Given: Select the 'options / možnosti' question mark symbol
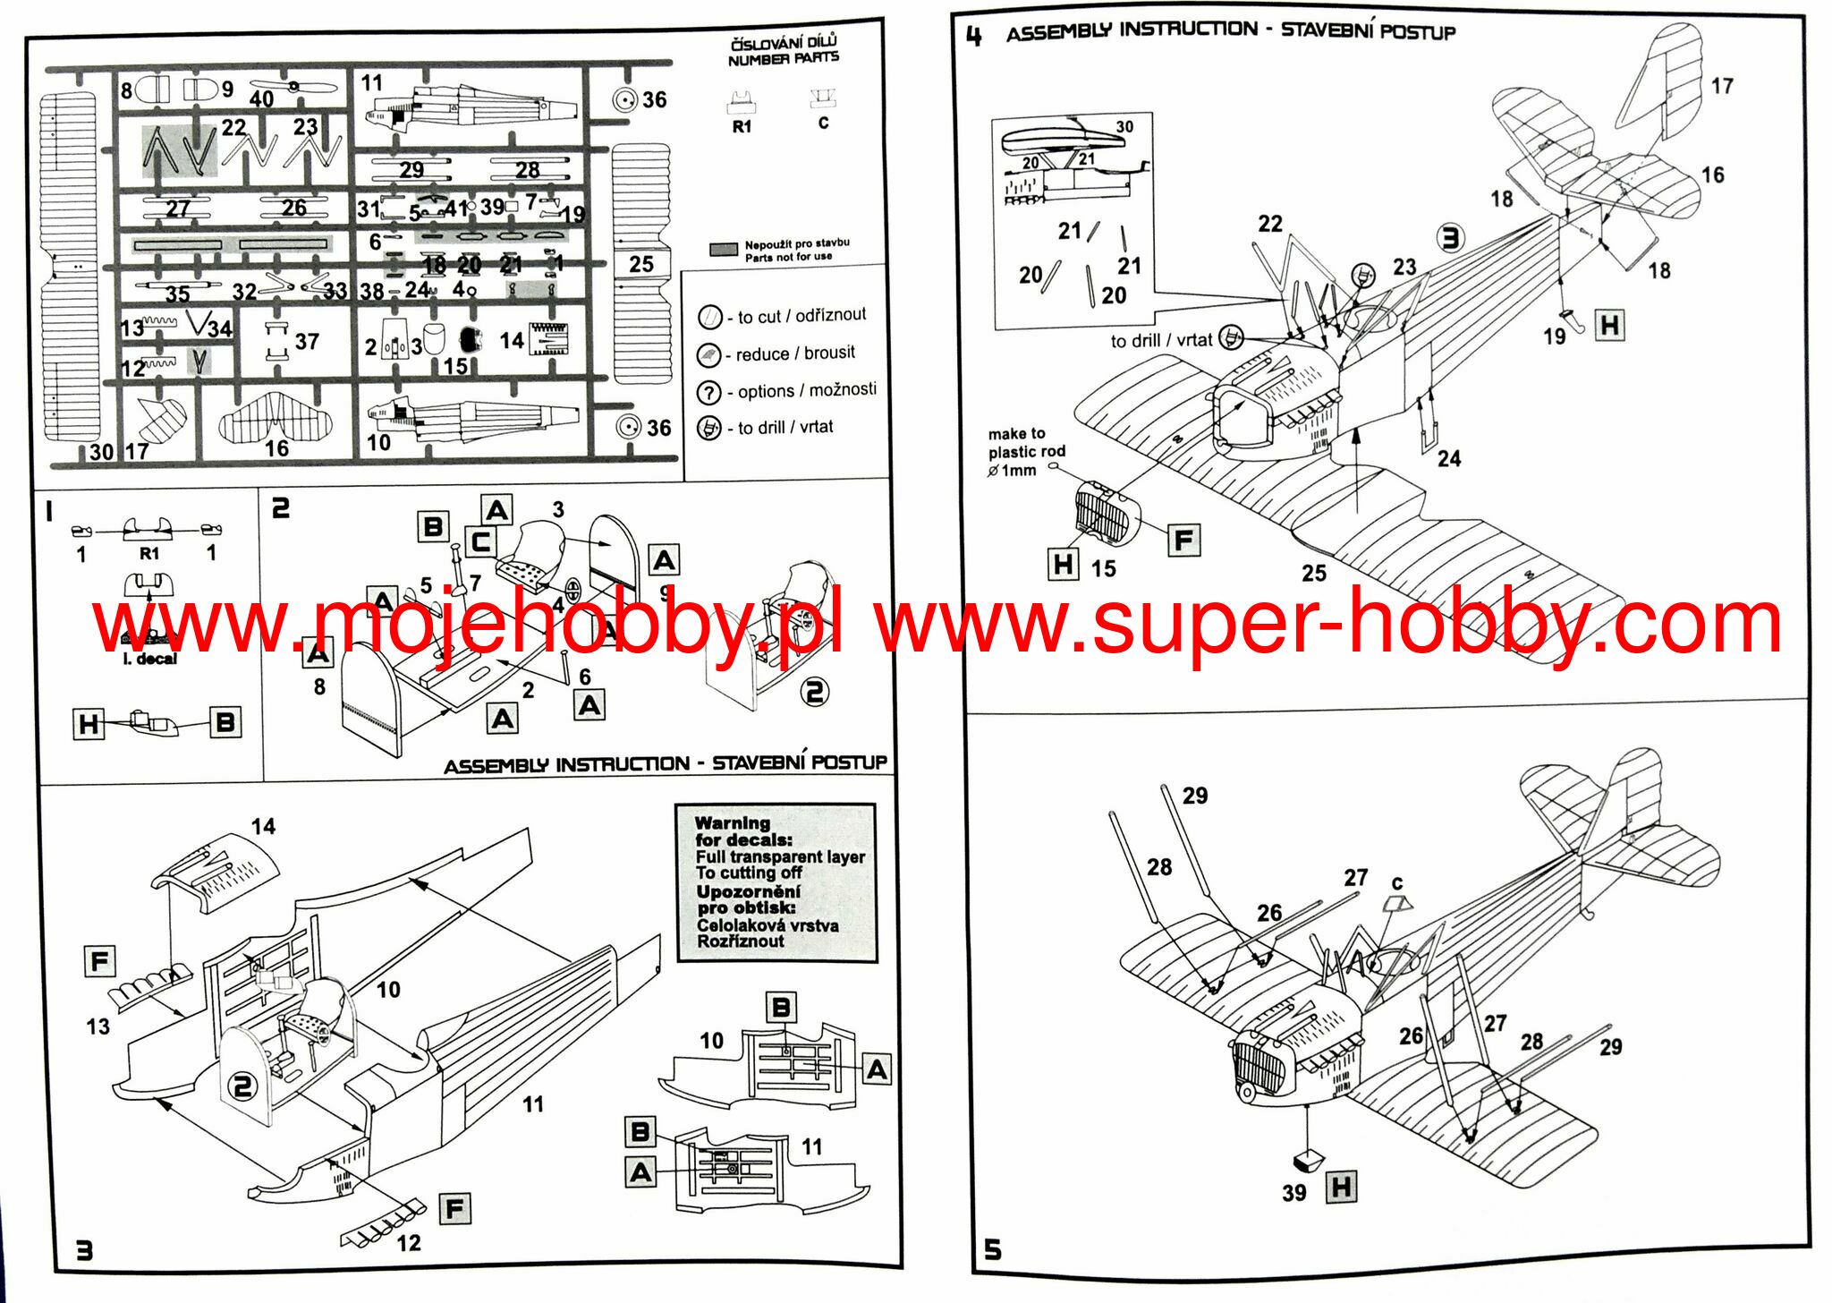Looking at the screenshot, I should click(708, 392).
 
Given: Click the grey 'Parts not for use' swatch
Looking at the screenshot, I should click(724, 250).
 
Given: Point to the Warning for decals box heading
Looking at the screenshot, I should click(732, 822).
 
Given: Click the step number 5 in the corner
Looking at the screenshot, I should click(993, 1249).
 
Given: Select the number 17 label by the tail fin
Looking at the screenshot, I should click(1722, 86).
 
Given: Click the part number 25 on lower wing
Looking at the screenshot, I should click(1313, 573).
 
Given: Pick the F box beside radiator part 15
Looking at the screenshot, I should click(1183, 540).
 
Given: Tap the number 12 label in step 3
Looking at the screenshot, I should click(409, 1242).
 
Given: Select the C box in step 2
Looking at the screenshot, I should click(481, 541).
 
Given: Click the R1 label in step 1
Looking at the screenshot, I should click(149, 554).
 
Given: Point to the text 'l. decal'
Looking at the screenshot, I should click(150, 659).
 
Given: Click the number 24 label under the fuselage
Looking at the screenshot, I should click(1449, 459).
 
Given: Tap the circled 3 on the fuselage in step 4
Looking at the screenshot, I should click(1450, 238).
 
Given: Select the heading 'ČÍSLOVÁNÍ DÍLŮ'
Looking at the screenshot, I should click(784, 42).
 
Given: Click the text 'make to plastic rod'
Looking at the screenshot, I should click(1025, 442).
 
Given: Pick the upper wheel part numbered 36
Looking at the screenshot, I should click(625, 100).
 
